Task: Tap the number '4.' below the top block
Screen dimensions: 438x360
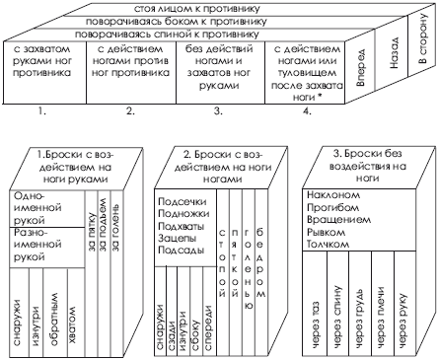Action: pyautogui.click(x=296, y=110)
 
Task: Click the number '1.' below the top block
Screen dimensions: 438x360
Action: pyautogui.click(x=42, y=110)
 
